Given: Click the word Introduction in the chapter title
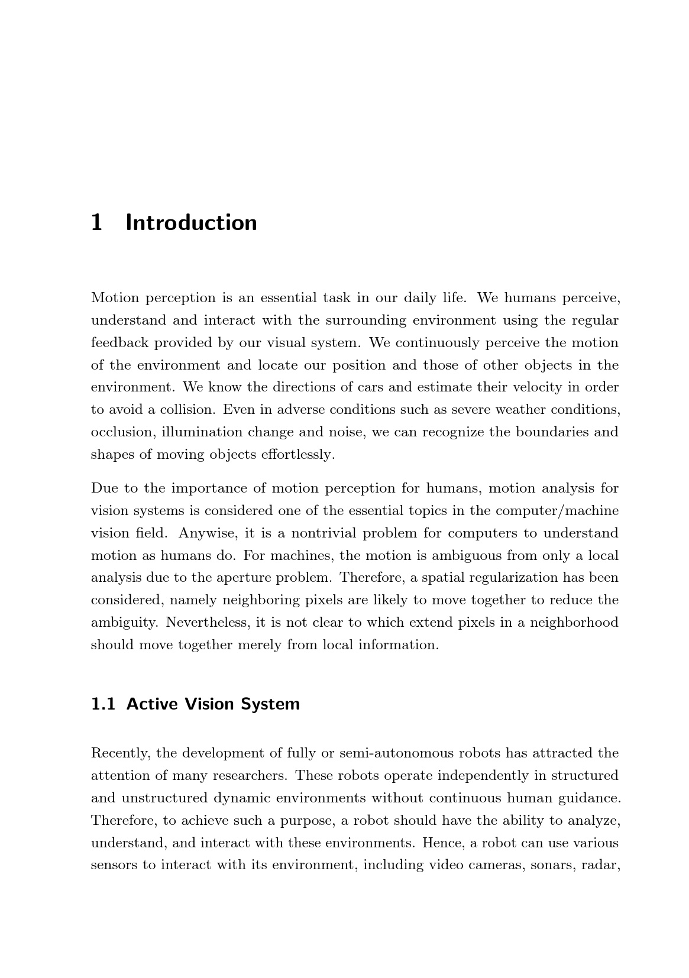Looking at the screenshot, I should pos(191,223).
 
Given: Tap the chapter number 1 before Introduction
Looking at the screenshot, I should pos(97,223).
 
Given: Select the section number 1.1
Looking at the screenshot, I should pos(103,704).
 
